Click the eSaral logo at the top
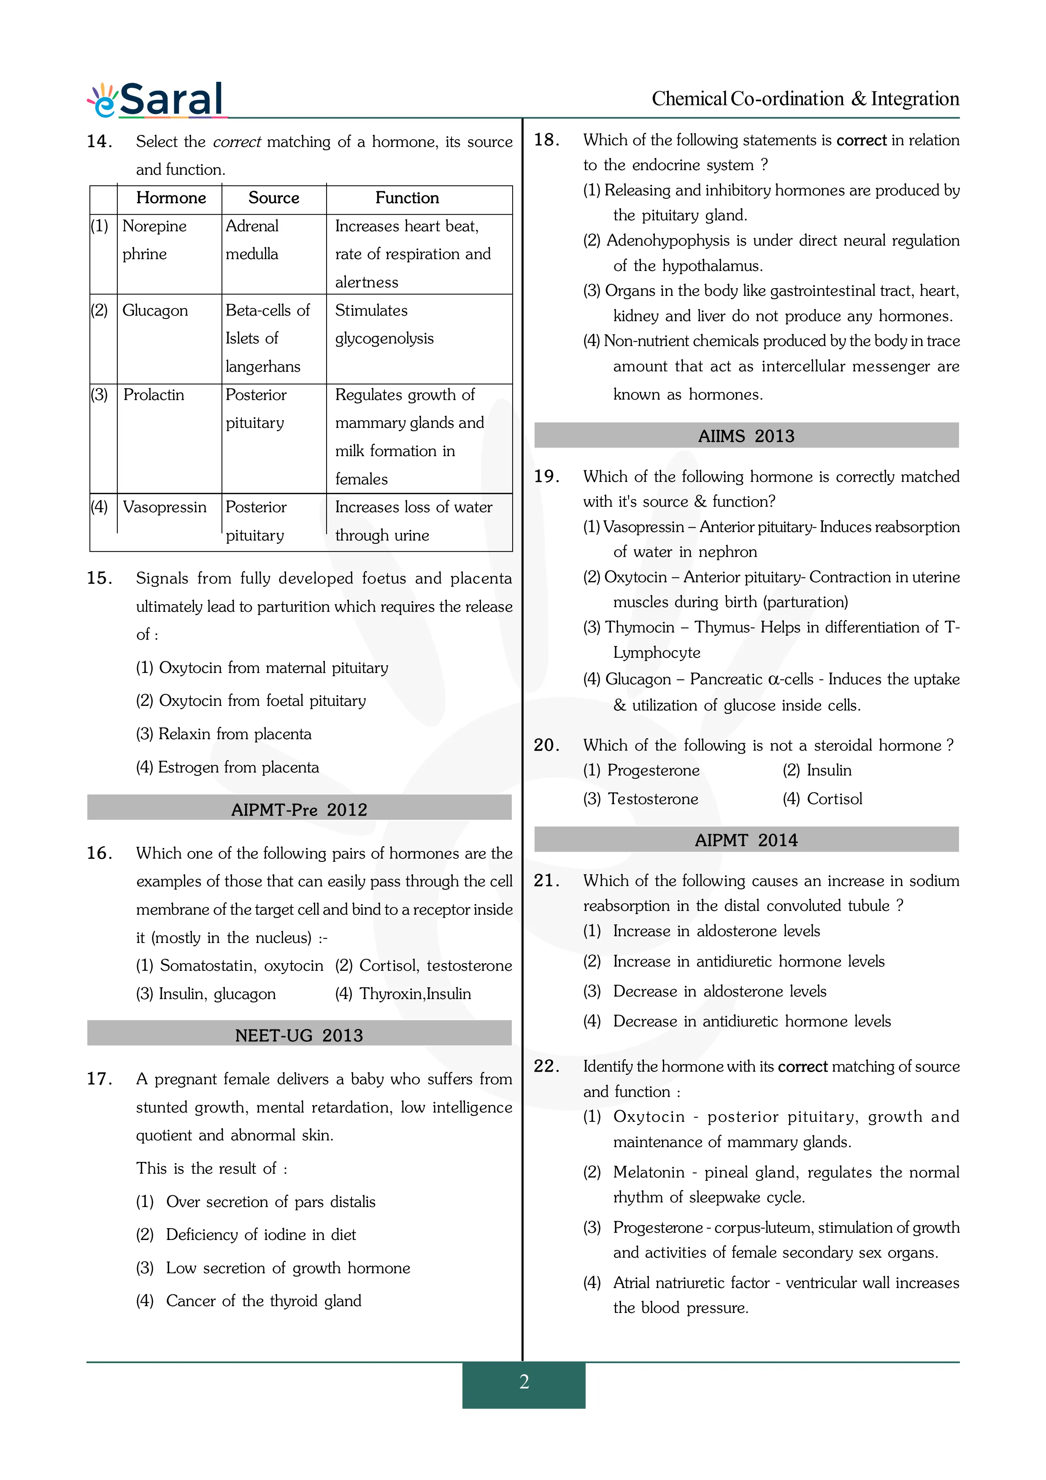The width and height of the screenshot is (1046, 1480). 157,100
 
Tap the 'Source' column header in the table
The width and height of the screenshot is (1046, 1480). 273,198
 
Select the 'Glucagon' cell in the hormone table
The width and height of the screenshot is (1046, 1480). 155,311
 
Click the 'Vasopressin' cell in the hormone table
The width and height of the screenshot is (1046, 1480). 164,507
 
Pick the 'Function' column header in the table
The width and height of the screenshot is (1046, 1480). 407,198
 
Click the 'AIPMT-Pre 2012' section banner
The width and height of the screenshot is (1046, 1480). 299,810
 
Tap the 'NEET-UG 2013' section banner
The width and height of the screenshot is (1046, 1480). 299,1035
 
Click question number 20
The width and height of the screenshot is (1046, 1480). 546,745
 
